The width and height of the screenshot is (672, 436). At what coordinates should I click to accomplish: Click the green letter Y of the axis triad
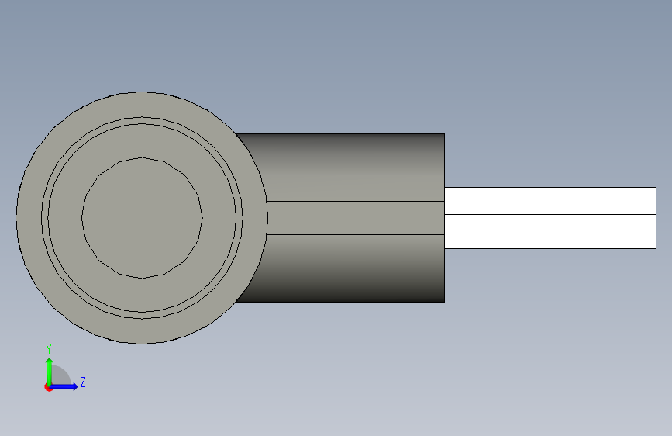[x=49, y=349]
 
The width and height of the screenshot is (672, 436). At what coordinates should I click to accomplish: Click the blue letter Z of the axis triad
[x=83, y=382]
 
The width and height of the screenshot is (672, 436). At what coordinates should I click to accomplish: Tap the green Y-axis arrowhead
[x=50, y=362]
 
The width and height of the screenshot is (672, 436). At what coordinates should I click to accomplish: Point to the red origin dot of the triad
[x=48, y=387]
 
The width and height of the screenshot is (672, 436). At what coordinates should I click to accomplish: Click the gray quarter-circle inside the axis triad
[x=59, y=375]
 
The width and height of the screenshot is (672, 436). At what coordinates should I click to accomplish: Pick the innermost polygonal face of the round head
[x=142, y=218]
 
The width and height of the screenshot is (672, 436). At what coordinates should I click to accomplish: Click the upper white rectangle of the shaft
[x=550, y=201]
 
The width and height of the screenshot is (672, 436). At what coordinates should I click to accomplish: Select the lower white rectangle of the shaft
[x=550, y=231]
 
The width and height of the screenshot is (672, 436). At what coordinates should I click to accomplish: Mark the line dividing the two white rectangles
[x=550, y=214]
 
